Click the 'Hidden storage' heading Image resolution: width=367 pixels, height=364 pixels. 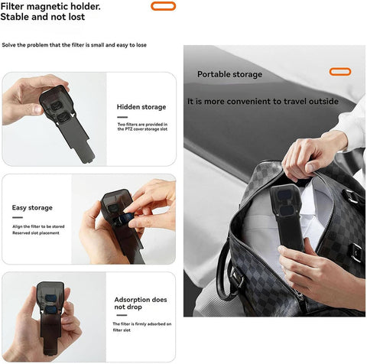point(141,107)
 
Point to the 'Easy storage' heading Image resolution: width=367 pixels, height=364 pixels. point(32,208)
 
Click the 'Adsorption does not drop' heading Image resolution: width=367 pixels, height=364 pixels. point(141,303)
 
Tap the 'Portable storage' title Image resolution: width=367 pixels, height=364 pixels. point(229,74)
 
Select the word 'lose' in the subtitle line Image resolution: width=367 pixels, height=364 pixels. point(141,45)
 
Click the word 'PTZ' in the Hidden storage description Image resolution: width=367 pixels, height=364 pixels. point(129,129)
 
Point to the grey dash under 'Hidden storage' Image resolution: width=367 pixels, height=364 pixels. point(122,117)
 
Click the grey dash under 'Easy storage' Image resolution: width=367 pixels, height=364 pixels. point(18,217)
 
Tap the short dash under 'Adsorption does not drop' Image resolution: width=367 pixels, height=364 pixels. point(122,315)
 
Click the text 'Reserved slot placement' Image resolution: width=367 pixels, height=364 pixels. point(36,233)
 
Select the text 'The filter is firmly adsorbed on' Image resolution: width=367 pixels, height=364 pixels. point(142,324)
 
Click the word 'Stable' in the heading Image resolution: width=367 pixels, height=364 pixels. point(15,17)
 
